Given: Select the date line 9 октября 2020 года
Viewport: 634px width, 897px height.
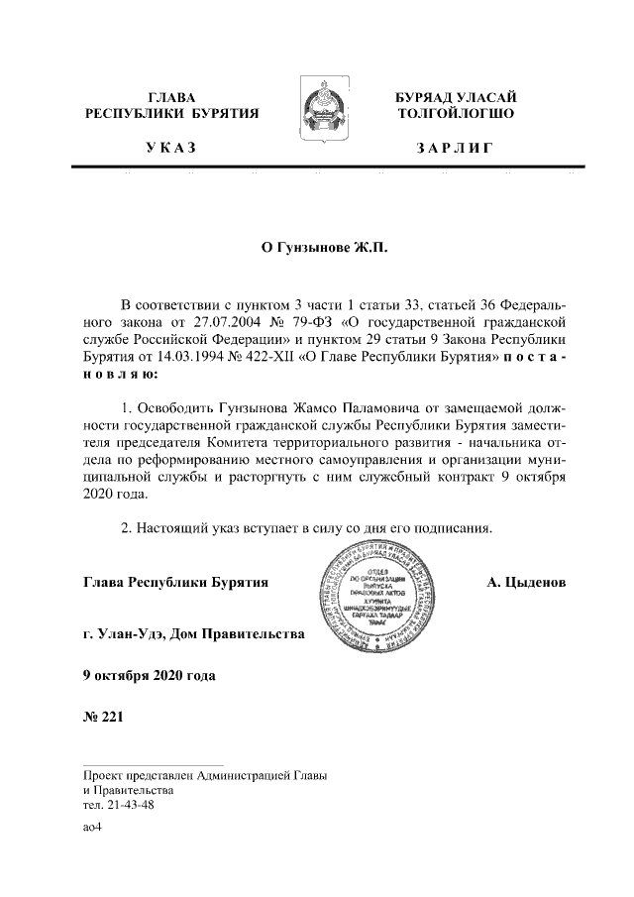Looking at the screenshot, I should coord(149,676).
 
